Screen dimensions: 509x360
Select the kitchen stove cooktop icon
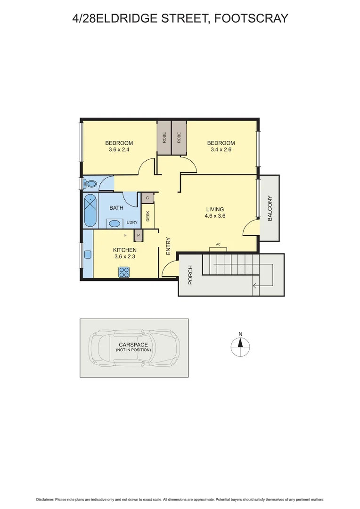tap(124, 271)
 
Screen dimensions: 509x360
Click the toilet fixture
tap(90, 183)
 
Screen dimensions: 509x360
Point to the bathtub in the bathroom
tap(90, 211)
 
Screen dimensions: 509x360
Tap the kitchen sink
tap(88, 254)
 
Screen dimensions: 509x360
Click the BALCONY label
tap(270, 208)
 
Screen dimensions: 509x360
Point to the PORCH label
tap(190, 275)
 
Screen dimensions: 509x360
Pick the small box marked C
tap(147, 198)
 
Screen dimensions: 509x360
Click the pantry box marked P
tap(139, 235)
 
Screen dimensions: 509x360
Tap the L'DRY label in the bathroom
tap(132, 222)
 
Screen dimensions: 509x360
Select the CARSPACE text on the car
tap(133, 345)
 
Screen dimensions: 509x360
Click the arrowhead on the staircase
tap(255, 285)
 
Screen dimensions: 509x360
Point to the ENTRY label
tap(168, 246)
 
